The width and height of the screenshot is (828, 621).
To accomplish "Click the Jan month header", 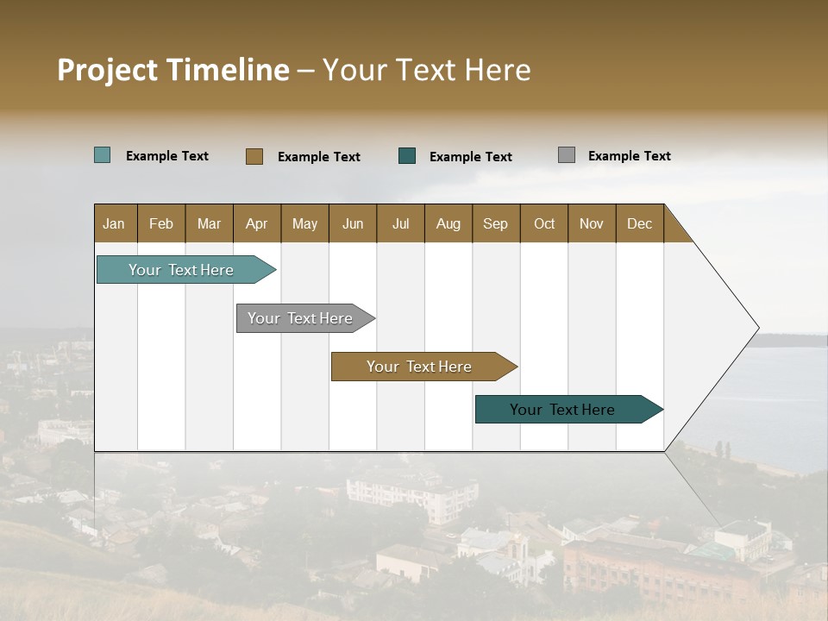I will coord(115,223).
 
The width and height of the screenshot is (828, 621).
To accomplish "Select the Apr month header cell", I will coord(257,223).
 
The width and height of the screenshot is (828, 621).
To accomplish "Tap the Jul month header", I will coord(401,223).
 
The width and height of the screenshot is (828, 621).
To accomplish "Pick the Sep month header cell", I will coord(496,223).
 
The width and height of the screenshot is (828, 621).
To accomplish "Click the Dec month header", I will coord(639,223).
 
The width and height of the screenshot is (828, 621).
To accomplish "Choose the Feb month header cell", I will coord(161,223).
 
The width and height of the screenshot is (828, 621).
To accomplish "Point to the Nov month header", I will coord(592,223).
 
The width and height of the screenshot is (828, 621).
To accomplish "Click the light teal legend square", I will coord(103,155).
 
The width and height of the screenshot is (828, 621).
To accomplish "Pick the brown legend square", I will coord(254,156).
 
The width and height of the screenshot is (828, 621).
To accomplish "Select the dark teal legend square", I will coord(407,156).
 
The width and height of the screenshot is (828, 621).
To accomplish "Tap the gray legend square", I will coord(567,155).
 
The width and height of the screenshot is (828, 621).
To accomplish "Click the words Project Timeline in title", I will coord(173,70).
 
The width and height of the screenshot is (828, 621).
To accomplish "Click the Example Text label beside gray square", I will coord(629,156).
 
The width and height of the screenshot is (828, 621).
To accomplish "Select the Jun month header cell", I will coord(353,223).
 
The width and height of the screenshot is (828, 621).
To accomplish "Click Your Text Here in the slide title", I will coord(426,70).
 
